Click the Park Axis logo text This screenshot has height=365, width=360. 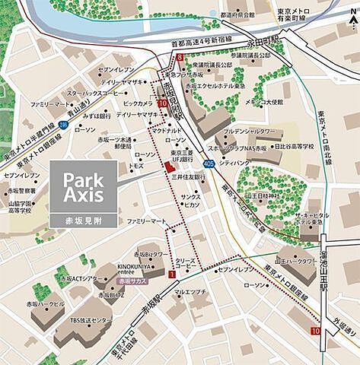pyautogui.click(x=83, y=189)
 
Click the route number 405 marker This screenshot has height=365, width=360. pyautogui.click(x=209, y=163)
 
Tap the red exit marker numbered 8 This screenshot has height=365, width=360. pyautogui.click(x=180, y=57)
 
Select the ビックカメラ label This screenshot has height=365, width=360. pyautogui.click(x=138, y=102)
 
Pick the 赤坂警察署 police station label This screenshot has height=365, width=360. pyautogui.click(x=21, y=190)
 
